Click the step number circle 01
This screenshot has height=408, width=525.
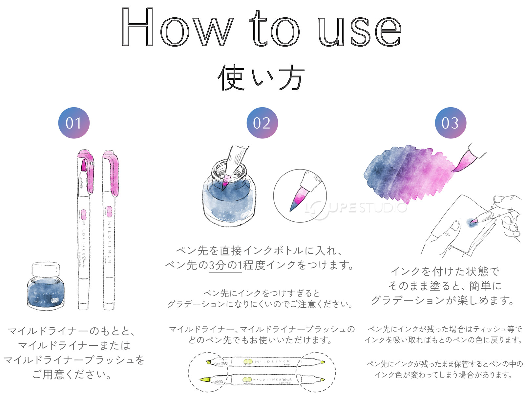[x=74, y=123]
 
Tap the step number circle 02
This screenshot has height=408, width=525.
[x=262, y=123]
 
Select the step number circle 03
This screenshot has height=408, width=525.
[x=451, y=123]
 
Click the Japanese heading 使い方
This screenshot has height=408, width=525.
[x=261, y=78]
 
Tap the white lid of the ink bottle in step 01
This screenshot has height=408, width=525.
[x=46, y=269]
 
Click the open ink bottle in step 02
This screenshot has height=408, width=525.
[x=229, y=197]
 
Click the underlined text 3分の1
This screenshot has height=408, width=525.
[x=225, y=265]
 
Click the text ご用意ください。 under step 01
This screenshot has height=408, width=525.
[x=72, y=374]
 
